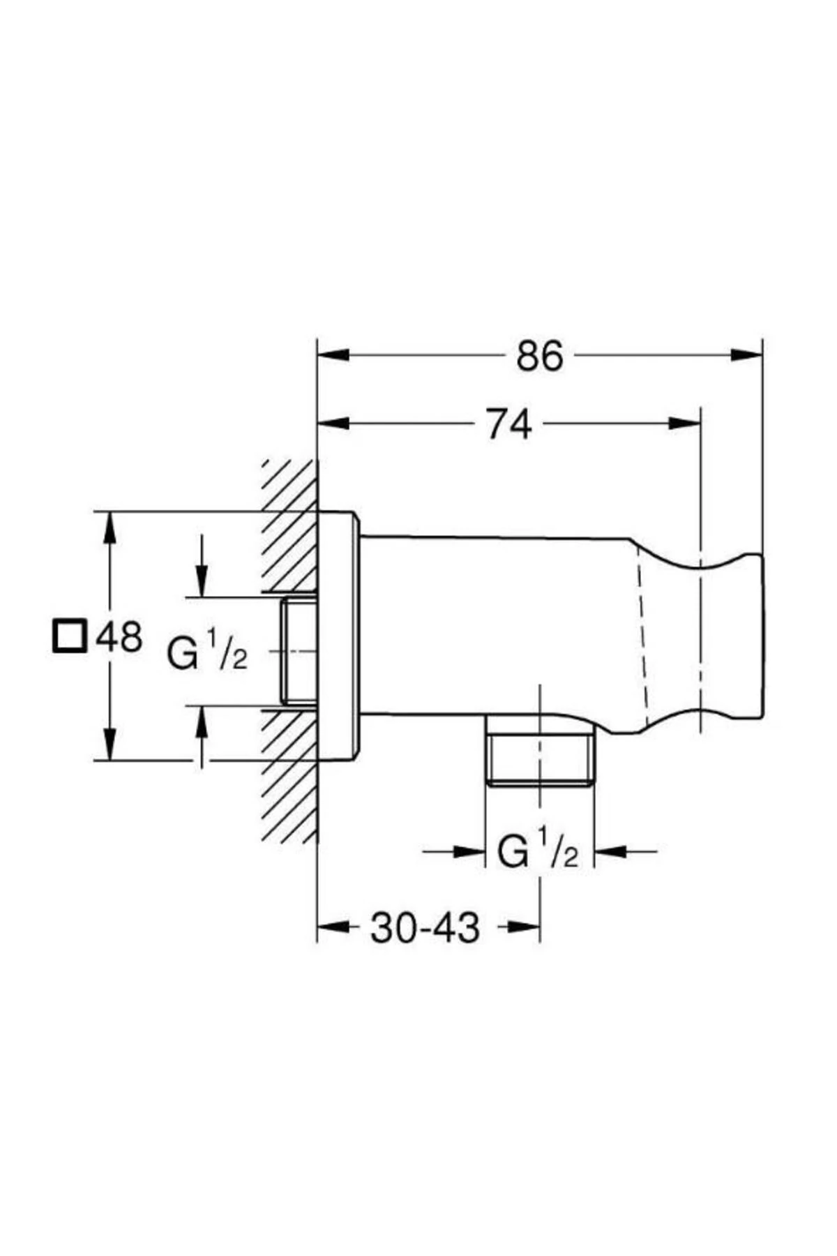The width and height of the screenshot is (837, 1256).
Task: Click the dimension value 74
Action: coord(509,424)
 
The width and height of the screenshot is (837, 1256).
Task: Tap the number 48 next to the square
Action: coord(119,636)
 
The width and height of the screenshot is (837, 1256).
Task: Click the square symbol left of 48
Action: coord(69,635)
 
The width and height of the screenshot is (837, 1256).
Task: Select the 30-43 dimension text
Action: coord(425,927)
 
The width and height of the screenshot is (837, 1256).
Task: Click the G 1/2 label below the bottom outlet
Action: coord(537,852)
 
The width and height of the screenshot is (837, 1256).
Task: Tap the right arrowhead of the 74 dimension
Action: coord(684,424)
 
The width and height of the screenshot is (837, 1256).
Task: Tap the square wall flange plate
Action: coord(338,636)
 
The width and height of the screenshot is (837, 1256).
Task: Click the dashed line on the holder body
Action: coord(642,635)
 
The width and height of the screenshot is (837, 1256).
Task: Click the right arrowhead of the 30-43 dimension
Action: coord(523,927)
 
